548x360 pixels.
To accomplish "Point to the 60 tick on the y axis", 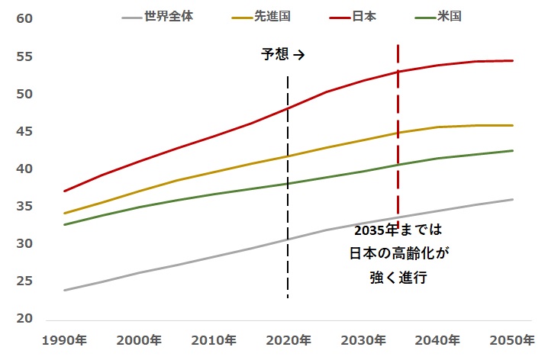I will (24, 19).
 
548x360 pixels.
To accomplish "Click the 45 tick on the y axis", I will (24, 132).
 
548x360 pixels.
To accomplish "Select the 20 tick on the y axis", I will (24, 320).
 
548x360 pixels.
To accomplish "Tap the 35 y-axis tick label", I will (24, 207).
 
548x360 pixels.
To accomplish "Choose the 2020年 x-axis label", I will (288, 340).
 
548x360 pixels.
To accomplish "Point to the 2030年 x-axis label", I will (363, 340).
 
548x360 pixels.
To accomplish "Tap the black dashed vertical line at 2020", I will (288, 229).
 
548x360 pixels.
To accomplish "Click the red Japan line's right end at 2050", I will (513, 60).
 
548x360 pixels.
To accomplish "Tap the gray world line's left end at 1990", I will (65, 291).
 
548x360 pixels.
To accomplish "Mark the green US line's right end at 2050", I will (513, 150).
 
